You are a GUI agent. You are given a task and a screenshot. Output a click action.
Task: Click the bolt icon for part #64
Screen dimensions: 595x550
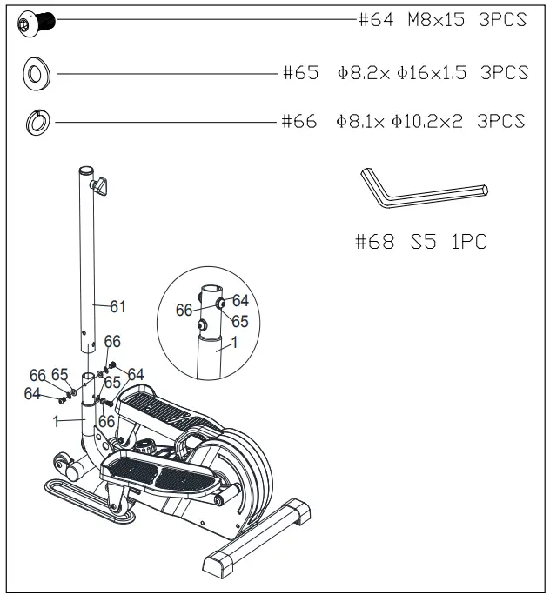(37, 22)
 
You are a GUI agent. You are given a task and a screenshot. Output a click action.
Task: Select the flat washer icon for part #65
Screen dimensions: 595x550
(36, 75)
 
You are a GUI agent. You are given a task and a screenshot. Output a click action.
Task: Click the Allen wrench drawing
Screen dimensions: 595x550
(421, 188)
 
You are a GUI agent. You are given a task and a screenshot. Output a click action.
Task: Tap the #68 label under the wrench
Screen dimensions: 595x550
(376, 242)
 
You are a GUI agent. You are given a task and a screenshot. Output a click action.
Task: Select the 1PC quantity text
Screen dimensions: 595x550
(466, 242)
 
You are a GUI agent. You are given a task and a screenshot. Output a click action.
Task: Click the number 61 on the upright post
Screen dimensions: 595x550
(117, 306)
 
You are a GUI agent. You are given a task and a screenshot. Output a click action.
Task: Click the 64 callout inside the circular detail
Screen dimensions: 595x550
(240, 300)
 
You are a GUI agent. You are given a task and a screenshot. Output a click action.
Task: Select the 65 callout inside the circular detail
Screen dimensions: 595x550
(240, 321)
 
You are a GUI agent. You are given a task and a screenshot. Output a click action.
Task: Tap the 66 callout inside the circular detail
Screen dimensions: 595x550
(184, 310)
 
